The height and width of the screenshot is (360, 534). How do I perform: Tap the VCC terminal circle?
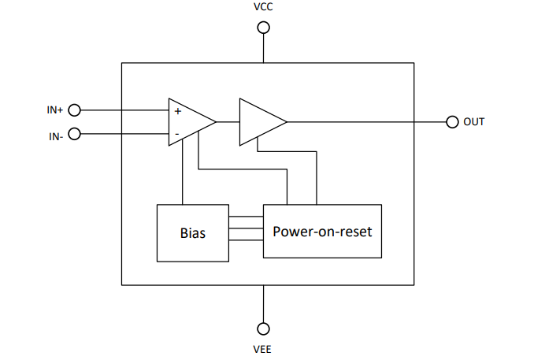[264, 28]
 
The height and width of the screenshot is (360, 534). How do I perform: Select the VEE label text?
[264, 349]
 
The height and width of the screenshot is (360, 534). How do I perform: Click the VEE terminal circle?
[264, 328]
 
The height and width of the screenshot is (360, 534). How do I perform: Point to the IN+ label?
[54, 110]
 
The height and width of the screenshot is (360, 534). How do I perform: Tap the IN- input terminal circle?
[76, 134]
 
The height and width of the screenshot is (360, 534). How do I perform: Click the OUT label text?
[474, 122]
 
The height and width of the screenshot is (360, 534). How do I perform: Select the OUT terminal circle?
[452, 122]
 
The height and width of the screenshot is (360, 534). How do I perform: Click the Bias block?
[193, 233]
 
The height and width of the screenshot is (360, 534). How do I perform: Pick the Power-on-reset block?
[322, 232]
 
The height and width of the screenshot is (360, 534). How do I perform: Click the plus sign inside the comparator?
[177, 112]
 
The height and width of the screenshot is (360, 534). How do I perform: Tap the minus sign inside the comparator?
[176, 134]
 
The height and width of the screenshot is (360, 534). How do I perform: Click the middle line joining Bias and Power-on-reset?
[246, 229]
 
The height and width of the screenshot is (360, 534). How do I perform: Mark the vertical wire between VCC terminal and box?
[264, 48]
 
